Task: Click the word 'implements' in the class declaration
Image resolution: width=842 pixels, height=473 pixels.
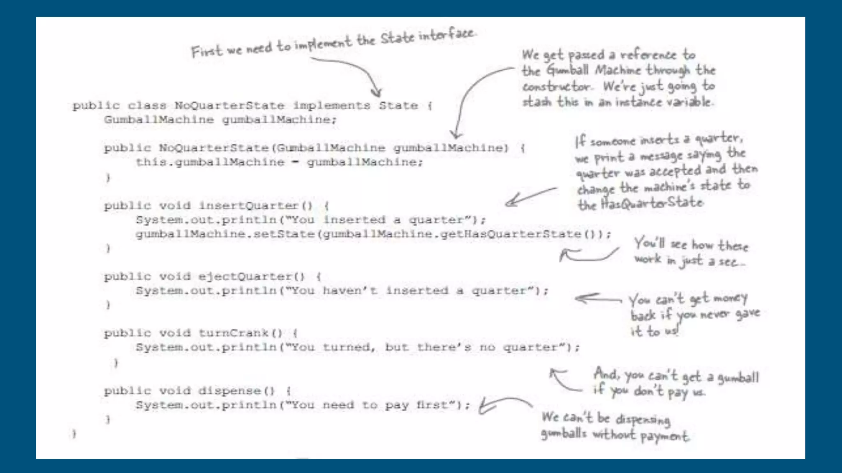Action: [331, 106]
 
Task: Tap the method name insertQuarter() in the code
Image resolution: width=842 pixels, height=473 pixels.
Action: [255, 205]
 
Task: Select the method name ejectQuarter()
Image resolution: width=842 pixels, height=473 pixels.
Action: [251, 276]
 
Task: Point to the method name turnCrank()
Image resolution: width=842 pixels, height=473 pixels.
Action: [241, 333]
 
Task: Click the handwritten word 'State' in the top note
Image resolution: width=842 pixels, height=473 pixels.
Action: [397, 38]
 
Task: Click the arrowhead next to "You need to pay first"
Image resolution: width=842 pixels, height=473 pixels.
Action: [485, 406]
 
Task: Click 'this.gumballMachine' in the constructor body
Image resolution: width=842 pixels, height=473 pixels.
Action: [210, 162]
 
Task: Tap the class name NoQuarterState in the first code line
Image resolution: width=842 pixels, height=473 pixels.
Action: [229, 106]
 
